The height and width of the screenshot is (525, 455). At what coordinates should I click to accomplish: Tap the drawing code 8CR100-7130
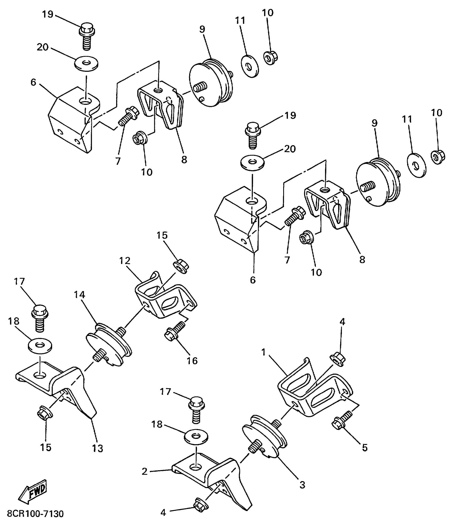35,514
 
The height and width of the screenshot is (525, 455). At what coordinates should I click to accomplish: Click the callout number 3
302,485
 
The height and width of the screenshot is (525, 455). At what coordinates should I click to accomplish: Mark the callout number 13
97,449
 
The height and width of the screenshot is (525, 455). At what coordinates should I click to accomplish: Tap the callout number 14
79,295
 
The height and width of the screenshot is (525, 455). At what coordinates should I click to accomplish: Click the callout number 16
192,361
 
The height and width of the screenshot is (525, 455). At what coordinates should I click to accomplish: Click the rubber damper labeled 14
109,345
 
